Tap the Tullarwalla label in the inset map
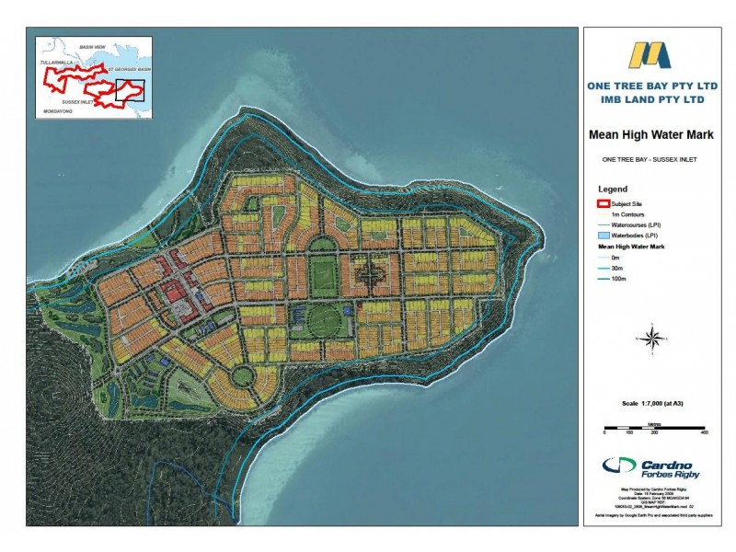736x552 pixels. pyautogui.click(x=56, y=63)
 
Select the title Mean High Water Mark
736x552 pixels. pyautogui.click(x=652, y=134)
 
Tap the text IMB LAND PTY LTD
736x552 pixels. pyautogui.click(x=652, y=98)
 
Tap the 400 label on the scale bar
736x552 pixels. pyautogui.click(x=704, y=431)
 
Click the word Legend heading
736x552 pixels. pyautogui.click(x=613, y=189)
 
